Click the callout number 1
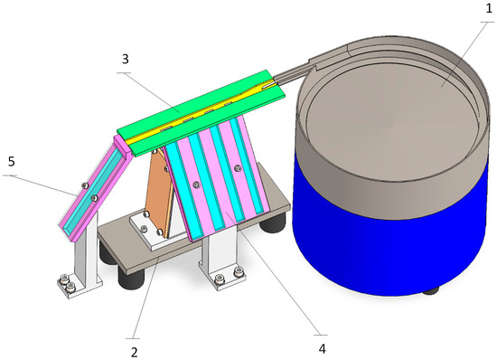point(489,8)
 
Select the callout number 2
point(135,352)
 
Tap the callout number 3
point(126,59)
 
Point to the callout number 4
point(322,349)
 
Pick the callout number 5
point(12,161)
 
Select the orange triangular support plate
point(160,194)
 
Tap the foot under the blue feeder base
point(430,290)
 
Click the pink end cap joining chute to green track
point(122,146)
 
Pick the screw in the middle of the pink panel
point(197,185)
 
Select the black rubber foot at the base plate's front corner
point(131,279)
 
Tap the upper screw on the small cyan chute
point(84,185)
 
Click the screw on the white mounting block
point(145,228)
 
